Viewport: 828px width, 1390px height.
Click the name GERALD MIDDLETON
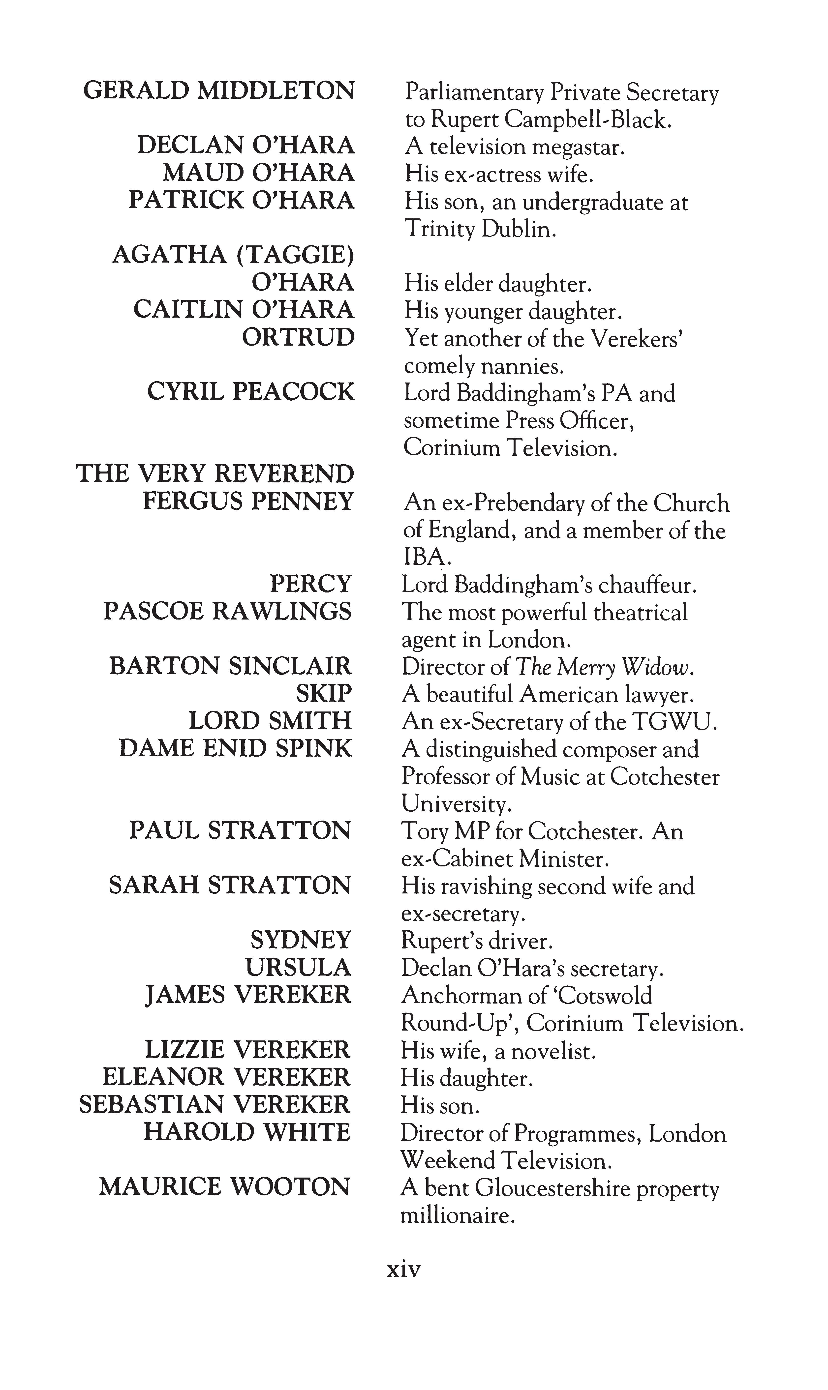[x=219, y=91]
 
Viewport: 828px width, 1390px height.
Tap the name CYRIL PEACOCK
[x=250, y=392]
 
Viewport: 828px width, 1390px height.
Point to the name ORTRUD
[x=298, y=337]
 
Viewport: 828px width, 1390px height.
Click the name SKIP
[x=324, y=694]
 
